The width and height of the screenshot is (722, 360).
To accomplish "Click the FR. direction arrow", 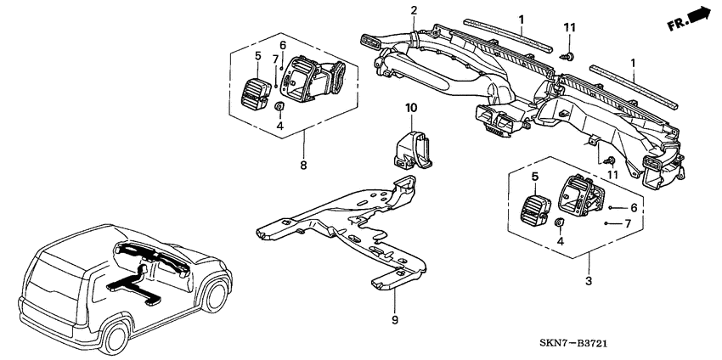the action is [x=689, y=19].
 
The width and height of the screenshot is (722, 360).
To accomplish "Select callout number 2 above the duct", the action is [x=414, y=10].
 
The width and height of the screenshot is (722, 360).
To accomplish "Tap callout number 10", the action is [x=411, y=108].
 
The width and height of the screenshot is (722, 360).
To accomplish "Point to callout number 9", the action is [x=395, y=320].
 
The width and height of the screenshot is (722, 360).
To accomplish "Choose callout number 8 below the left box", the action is [x=303, y=166].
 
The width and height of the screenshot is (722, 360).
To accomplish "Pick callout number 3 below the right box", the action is [x=589, y=280].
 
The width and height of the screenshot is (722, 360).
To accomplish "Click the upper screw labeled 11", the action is [x=568, y=56].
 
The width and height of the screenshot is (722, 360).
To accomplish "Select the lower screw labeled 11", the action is [x=610, y=160].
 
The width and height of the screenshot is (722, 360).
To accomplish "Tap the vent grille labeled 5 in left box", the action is [x=256, y=93].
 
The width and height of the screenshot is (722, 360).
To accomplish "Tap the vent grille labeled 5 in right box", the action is [x=533, y=211].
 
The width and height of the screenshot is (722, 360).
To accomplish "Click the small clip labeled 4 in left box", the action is [x=279, y=107].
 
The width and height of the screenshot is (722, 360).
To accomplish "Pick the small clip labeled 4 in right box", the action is [x=560, y=222].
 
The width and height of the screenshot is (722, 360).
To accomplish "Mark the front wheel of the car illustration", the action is [x=216, y=295].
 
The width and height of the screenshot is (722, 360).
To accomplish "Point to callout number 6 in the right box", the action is [x=634, y=208].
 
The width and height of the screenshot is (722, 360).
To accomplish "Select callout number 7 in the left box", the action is [x=275, y=59].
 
